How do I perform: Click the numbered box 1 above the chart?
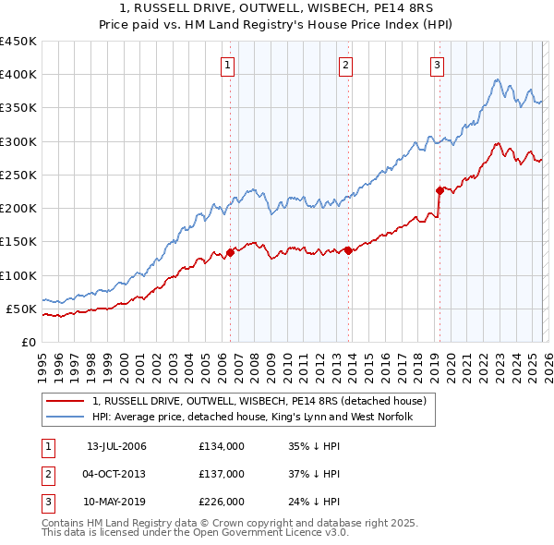pyautogui.click(x=227, y=65)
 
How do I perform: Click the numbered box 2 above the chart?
pyautogui.click(x=344, y=65)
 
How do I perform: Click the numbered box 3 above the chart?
pyautogui.click(x=437, y=65)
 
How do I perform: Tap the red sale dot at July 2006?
pyautogui.click(x=230, y=252)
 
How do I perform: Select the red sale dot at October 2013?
pyautogui.click(x=347, y=250)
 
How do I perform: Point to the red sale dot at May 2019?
pyautogui.click(x=439, y=190)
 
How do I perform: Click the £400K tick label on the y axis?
pyautogui.click(x=18, y=75)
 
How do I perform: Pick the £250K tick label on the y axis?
pyautogui.click(x=18, y=175)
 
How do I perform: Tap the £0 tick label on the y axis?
pyautogui.click(x=27, y=342)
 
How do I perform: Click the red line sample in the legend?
pyautogui.click(x=64, y=402)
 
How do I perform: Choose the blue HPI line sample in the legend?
pyautogui.click(x=64, y=418)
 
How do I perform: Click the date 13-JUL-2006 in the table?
pyautogui.click(x=116, y=446)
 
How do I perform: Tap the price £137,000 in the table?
pyautogui.click(x=222, y=474)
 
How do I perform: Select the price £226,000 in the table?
pyautogui.click(x=222, y=502)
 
